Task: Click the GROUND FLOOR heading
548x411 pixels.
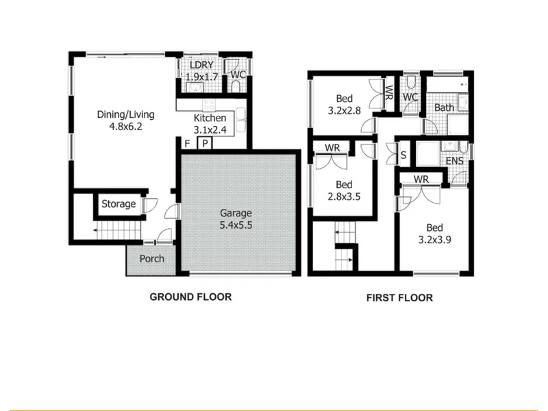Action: (x=190, y=297)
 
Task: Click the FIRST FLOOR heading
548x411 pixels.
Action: (x=399, y=298)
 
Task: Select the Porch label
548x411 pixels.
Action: (x=151, y=259)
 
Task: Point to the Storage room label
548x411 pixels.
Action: (x=119, y=203)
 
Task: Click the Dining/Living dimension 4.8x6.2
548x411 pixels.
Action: (x=126, y=126)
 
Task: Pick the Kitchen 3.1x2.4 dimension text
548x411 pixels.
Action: (x=210, y=130)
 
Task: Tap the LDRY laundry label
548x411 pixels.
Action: (x=201, y=65)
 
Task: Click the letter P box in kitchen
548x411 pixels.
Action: (x=205, y=143)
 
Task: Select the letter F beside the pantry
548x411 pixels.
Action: (x=187, y=144)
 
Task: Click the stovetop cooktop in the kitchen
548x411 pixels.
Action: (x=210, y=105)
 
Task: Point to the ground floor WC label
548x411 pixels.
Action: (x=238, y=75)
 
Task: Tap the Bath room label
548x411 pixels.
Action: (x=444, y=108)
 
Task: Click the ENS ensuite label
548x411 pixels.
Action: (x=455, y=161)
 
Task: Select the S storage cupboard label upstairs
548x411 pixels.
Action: (x=403, y=155)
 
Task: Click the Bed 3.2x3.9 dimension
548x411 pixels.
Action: (x=435, y=240)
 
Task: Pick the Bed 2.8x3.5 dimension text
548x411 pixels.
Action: (x=344, y=197)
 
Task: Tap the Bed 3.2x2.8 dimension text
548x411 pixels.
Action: (x=345, y=111)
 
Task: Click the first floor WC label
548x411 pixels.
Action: (x=410, y=97)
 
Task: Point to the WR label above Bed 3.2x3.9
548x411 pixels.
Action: (x=421, y=179)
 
